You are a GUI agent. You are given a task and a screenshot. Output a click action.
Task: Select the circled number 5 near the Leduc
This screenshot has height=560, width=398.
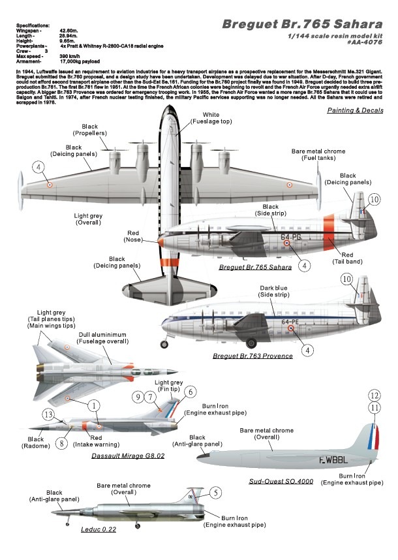[x=217, y=493]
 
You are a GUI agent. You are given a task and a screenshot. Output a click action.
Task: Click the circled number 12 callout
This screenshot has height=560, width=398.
[x=374, y=396]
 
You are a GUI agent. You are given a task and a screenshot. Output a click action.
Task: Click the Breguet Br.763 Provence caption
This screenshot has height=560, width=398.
[x=251, y=356]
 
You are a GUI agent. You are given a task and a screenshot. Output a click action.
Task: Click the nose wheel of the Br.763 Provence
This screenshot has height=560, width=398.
[x=157, y=342]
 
